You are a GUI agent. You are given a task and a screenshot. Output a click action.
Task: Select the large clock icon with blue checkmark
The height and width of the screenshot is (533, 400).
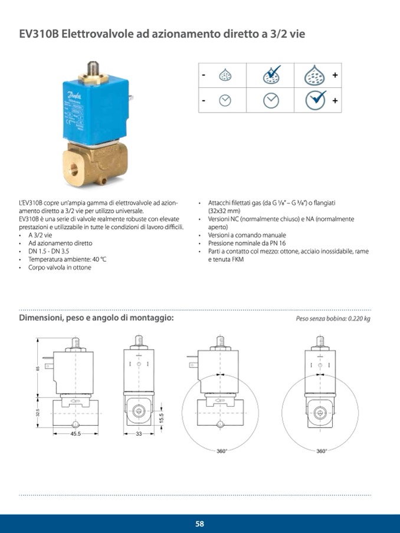point(316,100)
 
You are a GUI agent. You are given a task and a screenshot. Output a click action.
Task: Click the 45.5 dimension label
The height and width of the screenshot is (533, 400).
point(75,433)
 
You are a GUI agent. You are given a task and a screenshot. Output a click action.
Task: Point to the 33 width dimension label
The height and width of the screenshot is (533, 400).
point(140,433)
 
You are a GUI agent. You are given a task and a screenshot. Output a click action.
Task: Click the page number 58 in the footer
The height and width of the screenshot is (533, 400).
point(200,524)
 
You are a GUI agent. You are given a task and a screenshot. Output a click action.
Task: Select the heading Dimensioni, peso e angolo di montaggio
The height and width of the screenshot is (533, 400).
point(97,318)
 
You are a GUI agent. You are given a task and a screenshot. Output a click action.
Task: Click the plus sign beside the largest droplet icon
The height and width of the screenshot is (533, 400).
point(335,75)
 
